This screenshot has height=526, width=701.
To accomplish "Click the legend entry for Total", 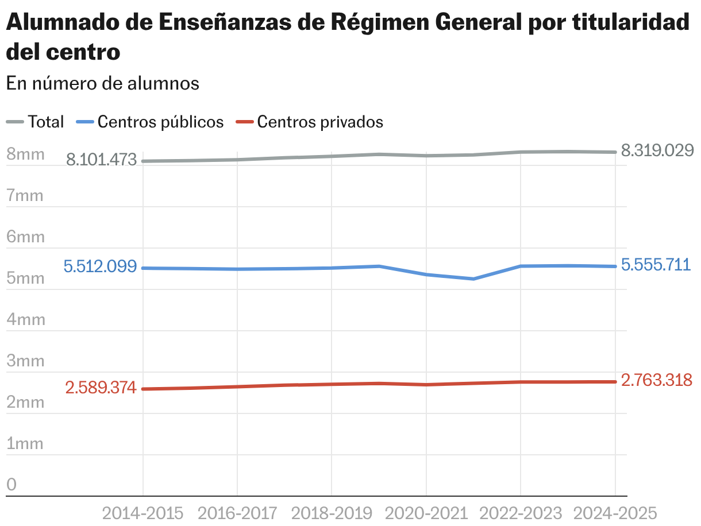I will pos(36,122).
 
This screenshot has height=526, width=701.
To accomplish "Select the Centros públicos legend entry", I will pos(151,122).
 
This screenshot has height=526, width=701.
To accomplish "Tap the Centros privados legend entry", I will pos(311,122).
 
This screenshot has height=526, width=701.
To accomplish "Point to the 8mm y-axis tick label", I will pos(25,154).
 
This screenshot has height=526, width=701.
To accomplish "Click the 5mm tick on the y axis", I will pos(25,279).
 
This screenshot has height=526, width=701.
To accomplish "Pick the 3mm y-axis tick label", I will pos(25,361).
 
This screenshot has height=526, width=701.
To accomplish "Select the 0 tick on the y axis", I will pos(11,485).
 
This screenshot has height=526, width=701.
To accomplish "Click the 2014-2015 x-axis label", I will pos(142,513).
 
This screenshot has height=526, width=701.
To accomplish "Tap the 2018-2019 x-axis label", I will pos(332,513).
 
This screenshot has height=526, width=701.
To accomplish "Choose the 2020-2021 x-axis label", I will pos(426,513).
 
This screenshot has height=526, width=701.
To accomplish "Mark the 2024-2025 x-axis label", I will pos(615,513).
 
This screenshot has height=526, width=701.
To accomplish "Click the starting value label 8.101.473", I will pos(102,160).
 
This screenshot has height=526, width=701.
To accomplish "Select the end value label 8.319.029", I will pos(658,151).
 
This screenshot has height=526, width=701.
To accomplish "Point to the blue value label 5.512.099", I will pos(101,267).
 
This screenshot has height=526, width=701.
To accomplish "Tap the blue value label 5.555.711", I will pos(656,265).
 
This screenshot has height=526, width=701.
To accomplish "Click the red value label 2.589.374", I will pos(101,388).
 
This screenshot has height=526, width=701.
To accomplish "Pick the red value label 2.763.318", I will pos(657,380).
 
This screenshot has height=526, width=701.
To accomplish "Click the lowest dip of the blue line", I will pos(473,279).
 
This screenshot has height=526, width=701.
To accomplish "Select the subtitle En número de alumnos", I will pos(103,83).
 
